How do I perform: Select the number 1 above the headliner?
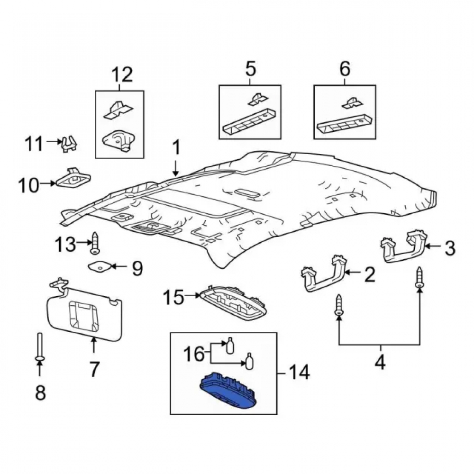point(176,148)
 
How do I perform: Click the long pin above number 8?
point(40,346)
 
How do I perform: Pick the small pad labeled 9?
point(100,266)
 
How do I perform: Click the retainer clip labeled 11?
point(69,144)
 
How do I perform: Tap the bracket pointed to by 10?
point(73,178)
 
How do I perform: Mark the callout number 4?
point(380,362)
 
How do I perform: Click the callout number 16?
point(194,354)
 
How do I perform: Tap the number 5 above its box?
point(250,68)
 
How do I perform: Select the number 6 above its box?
point(345,68)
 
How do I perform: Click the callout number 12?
point(122,74)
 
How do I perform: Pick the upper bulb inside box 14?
point(230,345)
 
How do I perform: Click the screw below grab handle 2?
point(339,305)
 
